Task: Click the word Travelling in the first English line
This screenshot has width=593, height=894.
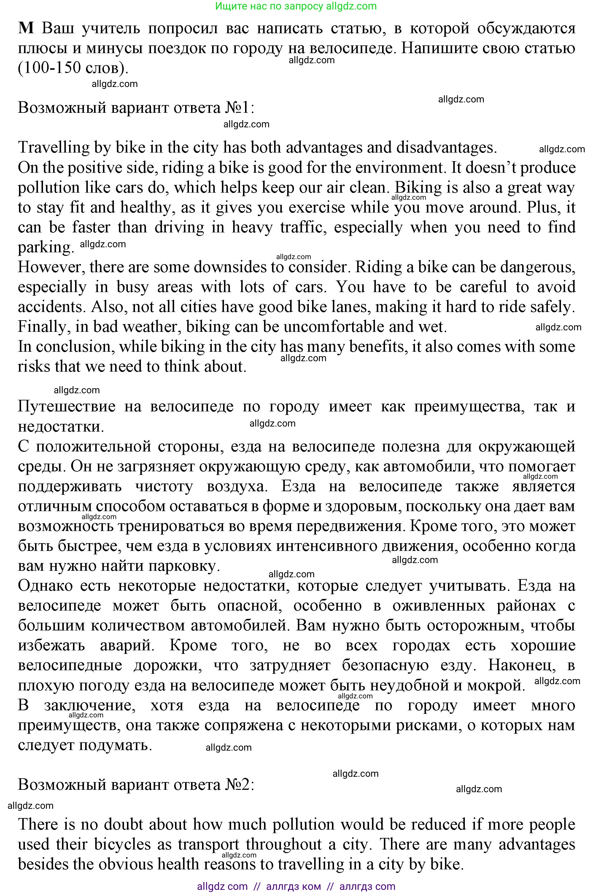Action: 53,148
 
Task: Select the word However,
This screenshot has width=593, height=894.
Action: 51,267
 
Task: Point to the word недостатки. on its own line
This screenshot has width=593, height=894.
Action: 61,427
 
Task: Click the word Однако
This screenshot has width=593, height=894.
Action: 45,586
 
